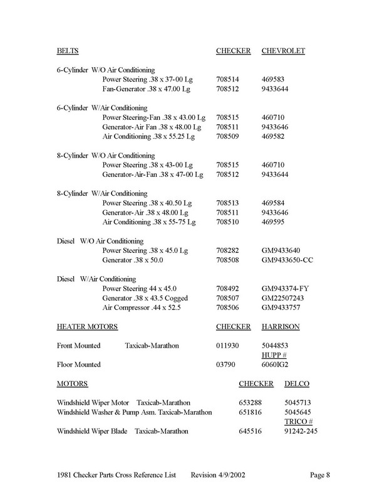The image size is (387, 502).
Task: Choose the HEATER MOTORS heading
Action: pyautogui.click(x=87, y=327)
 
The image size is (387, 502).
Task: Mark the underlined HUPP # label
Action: pyautogui.click(x=273, y=355)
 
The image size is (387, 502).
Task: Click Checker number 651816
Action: pyautogui.click(x=252, y=412)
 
